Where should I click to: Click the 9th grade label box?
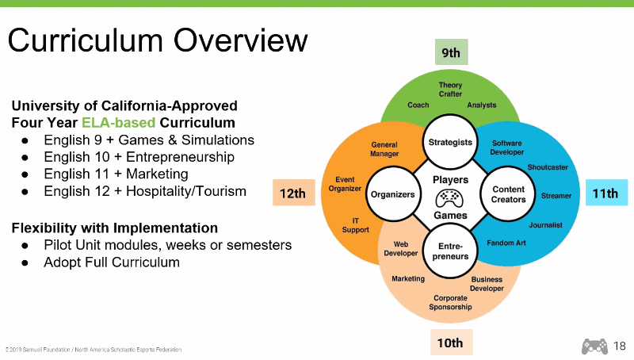pyautogui.click(x=451, y=52)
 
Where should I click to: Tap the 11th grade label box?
pyautogui.click(x=606, y=193)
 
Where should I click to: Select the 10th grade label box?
pyautogui.click(x=450, y=343)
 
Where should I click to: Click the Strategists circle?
pyautogui.click(x=450, y=143)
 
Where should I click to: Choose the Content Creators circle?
pyautogui.click(x=509, y=194)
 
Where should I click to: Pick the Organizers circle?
pyautogui.click(x=392, y=194)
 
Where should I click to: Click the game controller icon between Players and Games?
pyautogui.click(x=450, y=197)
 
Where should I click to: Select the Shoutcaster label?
pyautogui.click(x=548, y=167)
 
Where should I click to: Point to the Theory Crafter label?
pyautogui.click(x=450, y=90)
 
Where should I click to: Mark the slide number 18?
pyautogui.click(x=619, y=345)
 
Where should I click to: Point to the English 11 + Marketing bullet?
pyautogui.click(x=116, y=174)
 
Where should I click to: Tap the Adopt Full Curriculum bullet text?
pyautogui.click(x=112, y=262)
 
